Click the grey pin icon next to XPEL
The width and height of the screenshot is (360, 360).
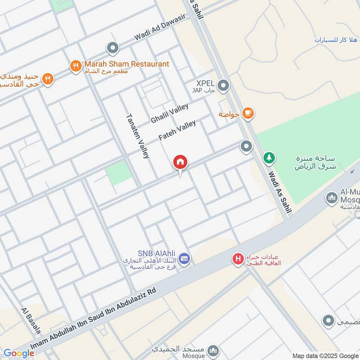click(223, 85)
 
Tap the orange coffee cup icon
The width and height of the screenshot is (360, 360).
click(247, 114)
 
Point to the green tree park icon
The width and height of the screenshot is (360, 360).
click(269, 158)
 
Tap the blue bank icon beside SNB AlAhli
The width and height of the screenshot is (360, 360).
click(184, 259)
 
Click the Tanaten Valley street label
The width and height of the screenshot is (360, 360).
click(137, 135)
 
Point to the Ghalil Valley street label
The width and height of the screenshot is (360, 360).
click(169, 113)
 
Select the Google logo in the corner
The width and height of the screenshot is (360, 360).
click(18, 353)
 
